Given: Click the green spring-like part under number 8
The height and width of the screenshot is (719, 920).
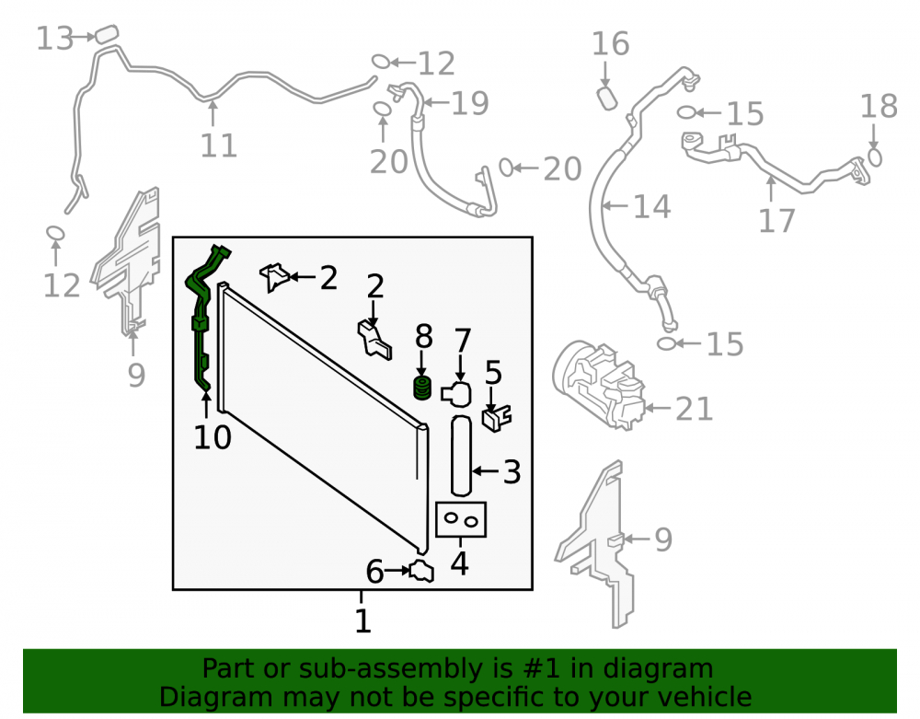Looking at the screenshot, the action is coord(422,388).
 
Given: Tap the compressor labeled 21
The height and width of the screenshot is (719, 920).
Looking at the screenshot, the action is coord(598,384).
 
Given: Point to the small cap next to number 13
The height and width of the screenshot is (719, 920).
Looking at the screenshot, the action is coord(107,33).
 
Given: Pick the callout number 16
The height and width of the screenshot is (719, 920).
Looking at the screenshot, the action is coord(610,44).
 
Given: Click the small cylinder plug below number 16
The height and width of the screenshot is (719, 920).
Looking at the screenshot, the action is coord(606,98).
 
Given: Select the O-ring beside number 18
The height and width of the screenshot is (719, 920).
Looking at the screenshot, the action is coord(874,157).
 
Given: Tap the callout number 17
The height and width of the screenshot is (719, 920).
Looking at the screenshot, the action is coord(776,221).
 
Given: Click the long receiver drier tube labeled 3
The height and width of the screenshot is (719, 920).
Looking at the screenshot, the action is coord(461,456).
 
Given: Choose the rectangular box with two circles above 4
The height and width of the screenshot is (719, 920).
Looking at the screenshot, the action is coord(461,519).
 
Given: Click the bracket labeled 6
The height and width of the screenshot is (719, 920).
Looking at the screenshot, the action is coord(422,572).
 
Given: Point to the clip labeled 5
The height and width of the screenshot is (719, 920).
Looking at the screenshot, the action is coord(497,418).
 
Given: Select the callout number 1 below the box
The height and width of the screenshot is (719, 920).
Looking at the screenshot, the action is coord(363,620).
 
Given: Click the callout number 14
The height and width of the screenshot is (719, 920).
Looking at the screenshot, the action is coord(651,206).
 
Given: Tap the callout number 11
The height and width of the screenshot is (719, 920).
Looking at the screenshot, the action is coord(218,145).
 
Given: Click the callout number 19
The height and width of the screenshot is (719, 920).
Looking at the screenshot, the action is coord(469,103).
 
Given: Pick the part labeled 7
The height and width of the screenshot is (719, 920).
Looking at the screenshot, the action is coord(456,394).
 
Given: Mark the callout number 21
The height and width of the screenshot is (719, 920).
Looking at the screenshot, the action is coord(694,409).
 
